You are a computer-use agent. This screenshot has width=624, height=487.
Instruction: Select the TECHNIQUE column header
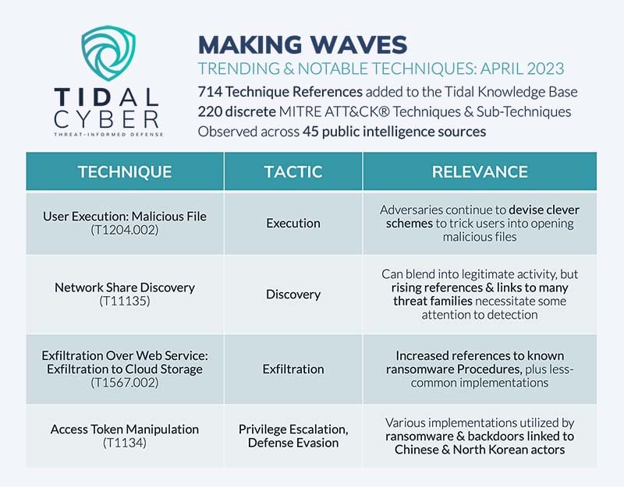pos(124,171)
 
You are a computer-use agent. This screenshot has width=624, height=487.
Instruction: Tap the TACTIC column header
pos(292,171)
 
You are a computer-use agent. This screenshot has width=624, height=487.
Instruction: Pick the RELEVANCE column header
pos(479,171)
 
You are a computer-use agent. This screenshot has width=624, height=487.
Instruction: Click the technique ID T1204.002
pos(124,230)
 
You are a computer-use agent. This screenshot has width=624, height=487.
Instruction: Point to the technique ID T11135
pos(124,302)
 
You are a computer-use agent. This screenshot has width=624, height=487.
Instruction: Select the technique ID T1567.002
pos(124,383)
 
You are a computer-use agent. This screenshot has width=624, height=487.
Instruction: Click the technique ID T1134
pos(124,443)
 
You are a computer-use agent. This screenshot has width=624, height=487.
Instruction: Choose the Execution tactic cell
pos(292,223)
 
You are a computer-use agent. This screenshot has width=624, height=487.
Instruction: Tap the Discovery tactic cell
pos(292,295)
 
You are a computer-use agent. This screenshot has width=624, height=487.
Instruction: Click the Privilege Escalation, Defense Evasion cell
pos(292,436)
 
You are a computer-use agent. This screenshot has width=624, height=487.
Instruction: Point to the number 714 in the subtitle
pos(211,91)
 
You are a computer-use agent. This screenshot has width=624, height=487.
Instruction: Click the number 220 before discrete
pos(212,111)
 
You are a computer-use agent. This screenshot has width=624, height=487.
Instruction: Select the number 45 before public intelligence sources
pos(310,131)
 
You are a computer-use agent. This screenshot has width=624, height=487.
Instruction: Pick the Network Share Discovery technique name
pos(124,288)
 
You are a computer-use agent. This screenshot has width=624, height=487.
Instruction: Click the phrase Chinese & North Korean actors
pos(479,450)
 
